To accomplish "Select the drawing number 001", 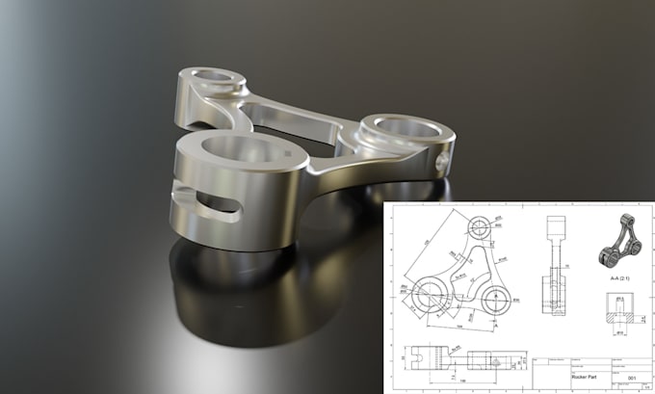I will [633, 378].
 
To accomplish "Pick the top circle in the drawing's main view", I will [479, 228].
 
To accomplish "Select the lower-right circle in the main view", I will [498, 296].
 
